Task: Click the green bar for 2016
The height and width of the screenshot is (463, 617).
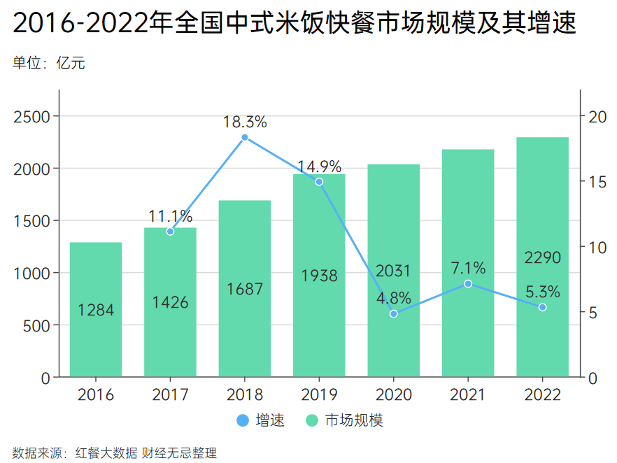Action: coord(96,310)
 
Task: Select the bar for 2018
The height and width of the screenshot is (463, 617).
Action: coord(245,289)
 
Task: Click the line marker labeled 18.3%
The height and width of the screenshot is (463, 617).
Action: coord(245,137)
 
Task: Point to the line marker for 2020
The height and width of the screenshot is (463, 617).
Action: coord(394,314)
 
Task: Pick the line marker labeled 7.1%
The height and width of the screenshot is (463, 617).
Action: coord(468,283)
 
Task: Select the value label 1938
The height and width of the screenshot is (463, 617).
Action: coord(319,276)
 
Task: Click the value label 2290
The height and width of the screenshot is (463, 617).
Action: coord(542,258)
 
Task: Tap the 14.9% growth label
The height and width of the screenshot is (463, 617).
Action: coord(319,166)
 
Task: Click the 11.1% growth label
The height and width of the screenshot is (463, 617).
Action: coord(170,216)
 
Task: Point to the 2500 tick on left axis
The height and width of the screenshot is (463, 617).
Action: coord(32,117)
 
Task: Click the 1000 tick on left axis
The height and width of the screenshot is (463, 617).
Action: coord(32,273)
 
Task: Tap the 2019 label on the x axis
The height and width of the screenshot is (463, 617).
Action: coord(319,395)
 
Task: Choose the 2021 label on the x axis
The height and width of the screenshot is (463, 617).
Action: coord(468,395)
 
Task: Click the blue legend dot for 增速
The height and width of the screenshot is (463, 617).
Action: coord(242,421)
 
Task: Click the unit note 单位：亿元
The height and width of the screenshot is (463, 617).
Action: coord(49,64)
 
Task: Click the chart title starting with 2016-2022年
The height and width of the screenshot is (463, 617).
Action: coord(294,24)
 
